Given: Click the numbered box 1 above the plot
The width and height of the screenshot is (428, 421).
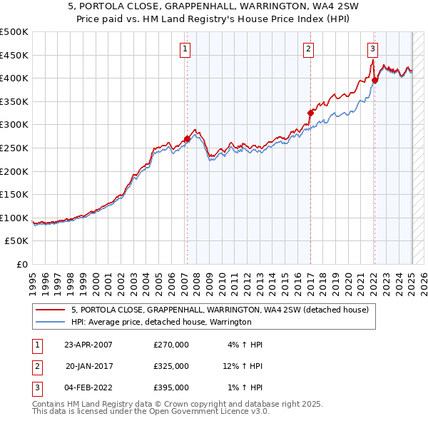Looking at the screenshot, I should (185, 49).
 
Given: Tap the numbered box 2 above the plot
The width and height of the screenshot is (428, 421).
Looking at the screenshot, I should (308, 49).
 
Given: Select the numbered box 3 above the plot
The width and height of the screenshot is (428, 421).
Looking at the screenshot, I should (373, 49).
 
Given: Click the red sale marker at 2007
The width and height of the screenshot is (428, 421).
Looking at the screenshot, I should (187, 138).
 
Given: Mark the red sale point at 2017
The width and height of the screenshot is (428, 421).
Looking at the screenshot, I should (310, 113).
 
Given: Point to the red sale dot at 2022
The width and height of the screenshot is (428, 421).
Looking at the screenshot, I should (374, 81).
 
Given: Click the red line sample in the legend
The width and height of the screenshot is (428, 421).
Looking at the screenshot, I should (50, 310).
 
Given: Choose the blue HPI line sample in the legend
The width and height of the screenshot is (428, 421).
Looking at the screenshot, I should (50, 322).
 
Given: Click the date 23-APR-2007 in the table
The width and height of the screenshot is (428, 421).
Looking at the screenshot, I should (88, 345).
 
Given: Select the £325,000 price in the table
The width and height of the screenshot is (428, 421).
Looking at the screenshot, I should (171, 366).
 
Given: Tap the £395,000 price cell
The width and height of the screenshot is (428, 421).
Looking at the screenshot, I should (171, 387).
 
